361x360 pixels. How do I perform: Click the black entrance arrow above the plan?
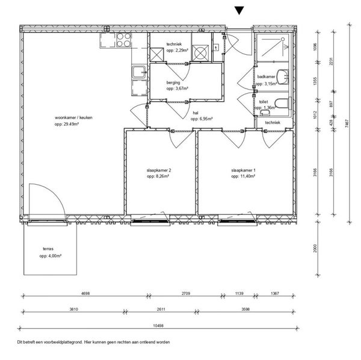[239, 10]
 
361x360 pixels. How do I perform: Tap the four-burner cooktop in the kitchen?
[124, 40]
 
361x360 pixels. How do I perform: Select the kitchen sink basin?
[139, 72]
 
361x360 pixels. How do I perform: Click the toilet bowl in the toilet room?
[282, 103]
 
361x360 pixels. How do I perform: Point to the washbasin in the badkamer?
[283, 77]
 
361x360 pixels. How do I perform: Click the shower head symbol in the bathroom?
[283, 39]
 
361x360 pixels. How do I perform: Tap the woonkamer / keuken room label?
[73, 117]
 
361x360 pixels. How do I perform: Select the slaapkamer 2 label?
[159, 170]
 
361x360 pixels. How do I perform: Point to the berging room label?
[173, 82]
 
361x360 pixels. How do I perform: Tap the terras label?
[48, 249]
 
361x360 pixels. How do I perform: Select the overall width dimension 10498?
[158, 326]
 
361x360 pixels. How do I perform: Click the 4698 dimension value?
[85, 293]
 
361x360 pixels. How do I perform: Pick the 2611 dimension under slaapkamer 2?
[161, 309]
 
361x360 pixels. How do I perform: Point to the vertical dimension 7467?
[347, 123]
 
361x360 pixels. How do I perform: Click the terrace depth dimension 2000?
[315, 248]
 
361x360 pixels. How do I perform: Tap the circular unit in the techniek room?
[200, 53]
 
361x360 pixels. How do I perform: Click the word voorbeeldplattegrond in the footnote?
[63, 342]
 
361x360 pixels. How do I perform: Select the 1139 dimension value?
[239, 293]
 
